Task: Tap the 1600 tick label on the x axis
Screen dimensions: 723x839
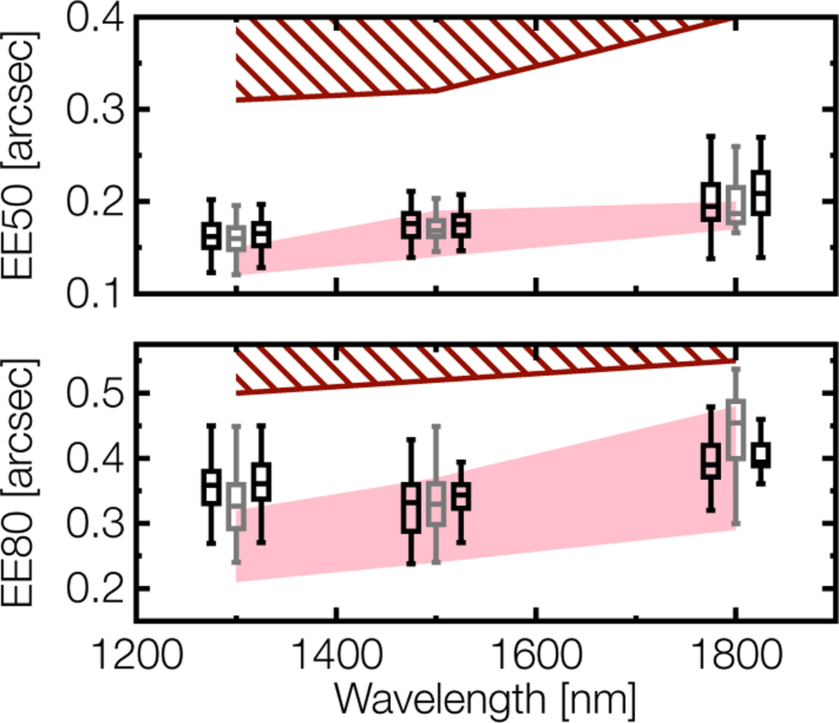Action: pyautogui.click(x=535, y=656)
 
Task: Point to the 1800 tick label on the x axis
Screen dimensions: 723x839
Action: pyautogui.click(x=734, y=656)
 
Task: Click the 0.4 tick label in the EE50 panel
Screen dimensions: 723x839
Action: pyautogui.click(x=94, y=17)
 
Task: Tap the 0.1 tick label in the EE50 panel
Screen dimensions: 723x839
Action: pyautogui.click(x=94, y=293)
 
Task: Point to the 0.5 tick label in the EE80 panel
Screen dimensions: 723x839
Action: pyautogui.click(x=94, y=393)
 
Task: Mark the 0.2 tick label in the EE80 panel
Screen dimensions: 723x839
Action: pyautogui.click(x=94, y=589)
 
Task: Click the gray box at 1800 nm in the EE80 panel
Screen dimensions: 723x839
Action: pyautogui.click(x=736, y=430)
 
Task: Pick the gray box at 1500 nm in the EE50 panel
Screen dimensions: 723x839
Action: pyautogui.click(x=436, y=229)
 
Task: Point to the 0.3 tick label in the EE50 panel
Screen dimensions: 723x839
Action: pyautogui.click(x=94, y=109)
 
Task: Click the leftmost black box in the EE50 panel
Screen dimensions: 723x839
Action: pyautogui.click(x=211, y=236)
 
